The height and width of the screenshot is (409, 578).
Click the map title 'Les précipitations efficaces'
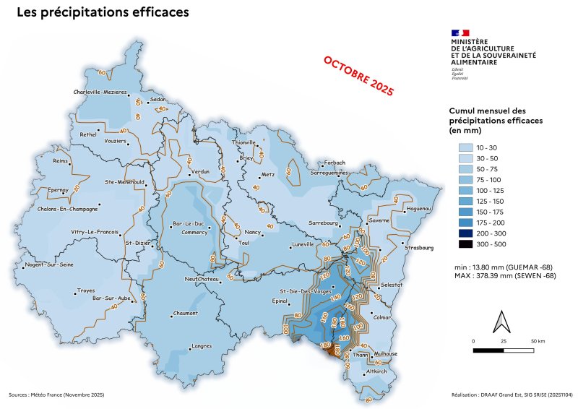(x=103, y=12)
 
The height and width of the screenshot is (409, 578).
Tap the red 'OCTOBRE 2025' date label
(x=358, y=76)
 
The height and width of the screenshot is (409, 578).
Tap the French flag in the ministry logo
(x=460, y=33)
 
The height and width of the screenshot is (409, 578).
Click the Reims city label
(x=60, y=161)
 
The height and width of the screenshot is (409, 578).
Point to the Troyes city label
(x=85, y=290)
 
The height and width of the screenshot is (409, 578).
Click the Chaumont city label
(x=186, y=313)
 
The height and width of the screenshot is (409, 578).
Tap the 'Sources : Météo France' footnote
(x=56, y=395)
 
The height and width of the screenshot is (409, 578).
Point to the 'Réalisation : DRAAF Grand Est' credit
(x=510, y=395)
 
